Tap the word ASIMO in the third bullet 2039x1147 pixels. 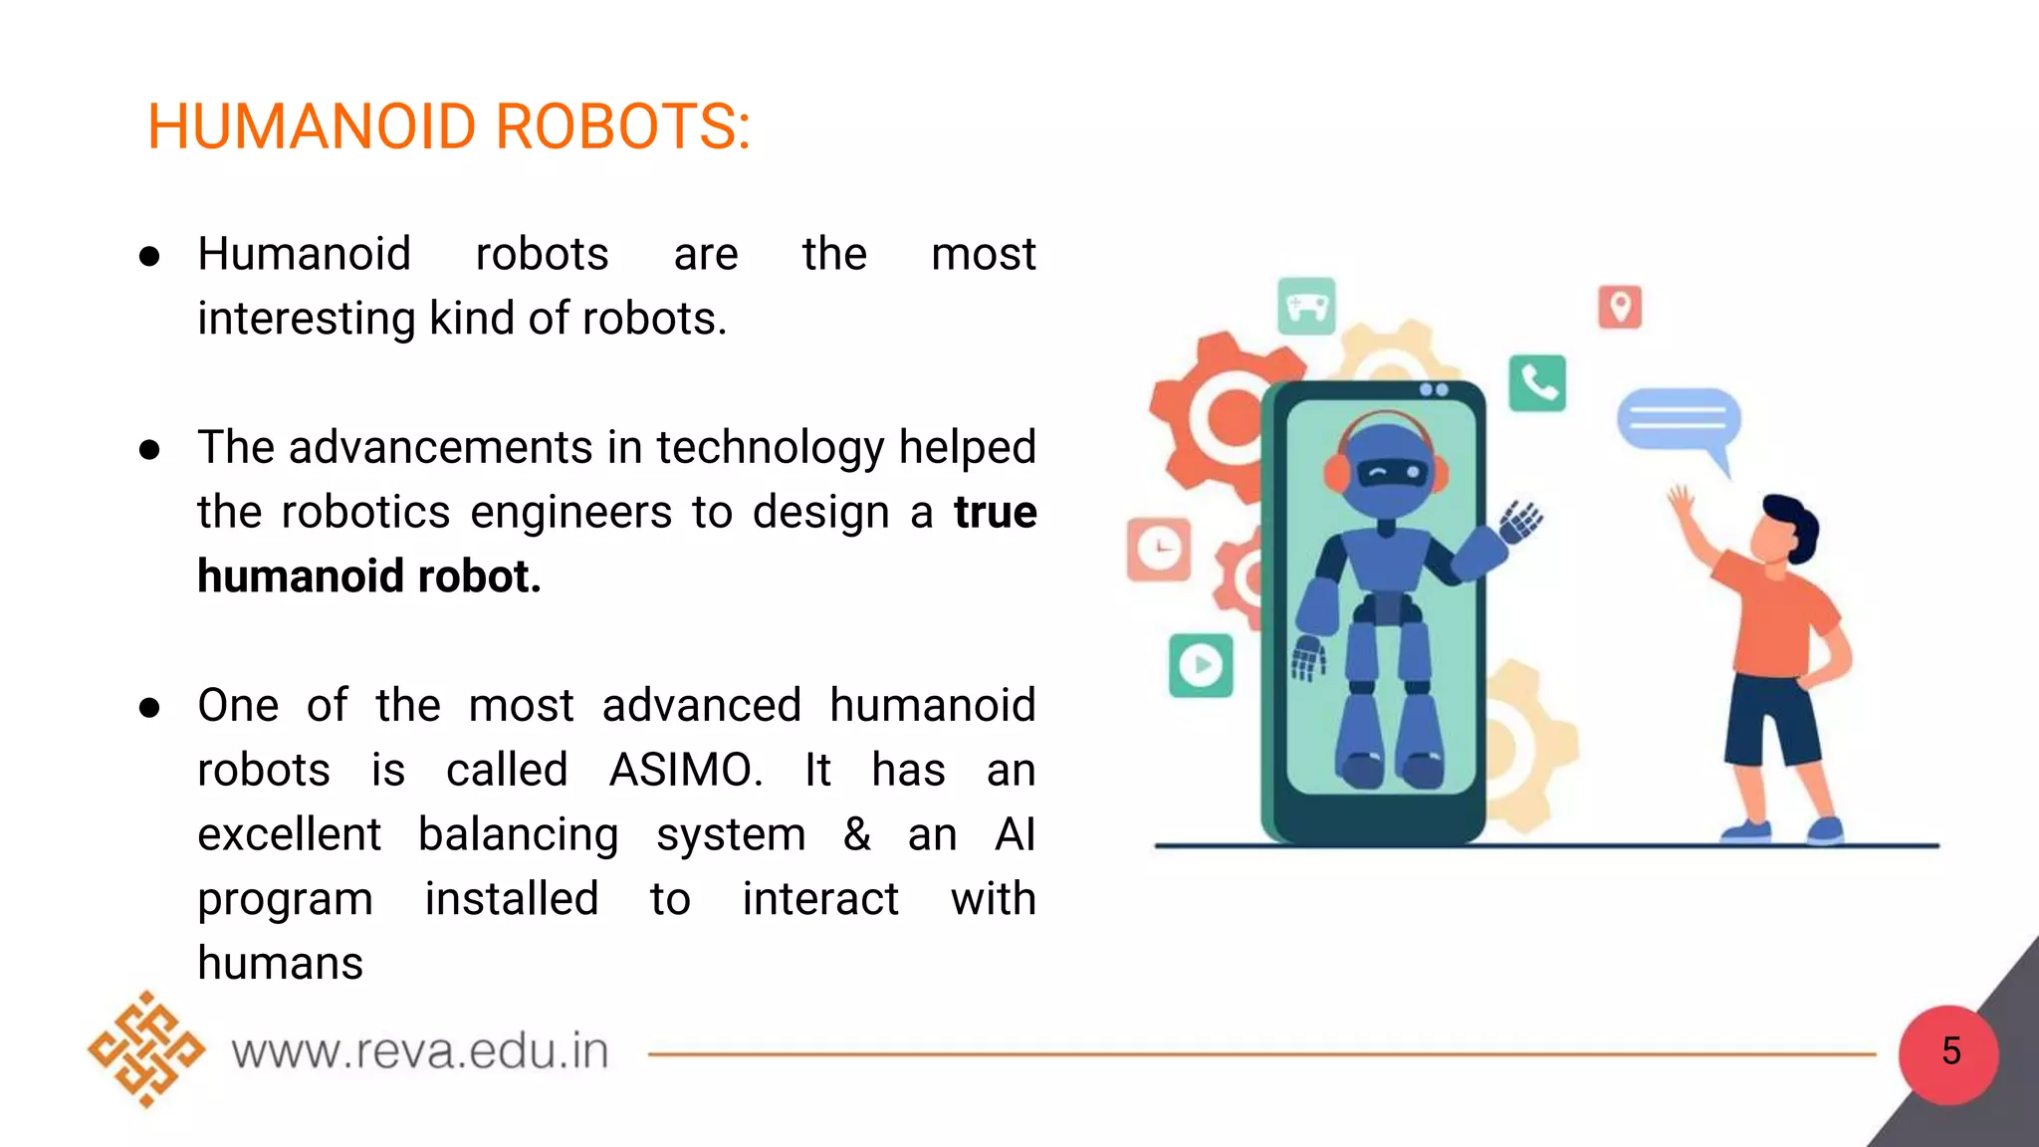[685, 770]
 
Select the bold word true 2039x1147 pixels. [995, 512]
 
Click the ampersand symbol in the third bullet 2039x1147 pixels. [856, 834]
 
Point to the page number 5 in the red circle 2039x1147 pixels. [1950, 1051]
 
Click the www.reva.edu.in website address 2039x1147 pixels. [420, 1051]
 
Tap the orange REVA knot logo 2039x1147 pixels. [146, 1049]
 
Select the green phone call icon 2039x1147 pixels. [1537, 383]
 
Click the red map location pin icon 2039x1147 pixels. [1620, 307]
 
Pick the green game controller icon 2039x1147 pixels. [1306, 307]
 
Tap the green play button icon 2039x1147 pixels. [1201, 665]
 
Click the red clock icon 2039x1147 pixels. [1159, 549]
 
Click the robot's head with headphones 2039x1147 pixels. [1386, 468]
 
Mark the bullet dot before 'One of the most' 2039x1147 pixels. [149, 707]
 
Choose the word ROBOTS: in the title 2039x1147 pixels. [622, 127]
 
